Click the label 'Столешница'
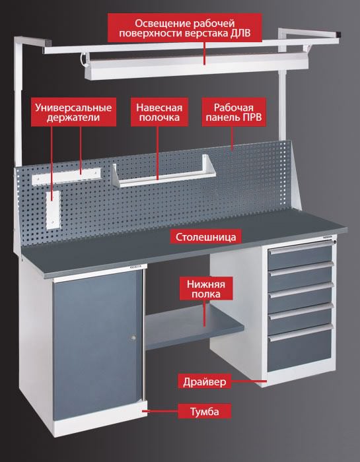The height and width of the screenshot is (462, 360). click(x=205, y=237)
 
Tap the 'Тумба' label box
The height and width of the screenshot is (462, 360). click(x=204, y=411)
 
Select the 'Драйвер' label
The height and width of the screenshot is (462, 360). click(x=204, y=382)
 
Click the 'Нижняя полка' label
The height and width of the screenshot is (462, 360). click(x=206, y=289)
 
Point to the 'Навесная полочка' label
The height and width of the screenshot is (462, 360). click(x=159, y=112)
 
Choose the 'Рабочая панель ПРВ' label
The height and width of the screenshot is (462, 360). click(x=234, y=112)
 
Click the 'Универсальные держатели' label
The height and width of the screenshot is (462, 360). click(x=73, y=112)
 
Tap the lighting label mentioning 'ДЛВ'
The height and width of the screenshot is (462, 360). click(x=184, y=28)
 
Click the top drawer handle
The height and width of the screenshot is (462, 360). click(x=301, y=248)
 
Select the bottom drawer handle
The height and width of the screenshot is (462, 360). click(x=301, y=333)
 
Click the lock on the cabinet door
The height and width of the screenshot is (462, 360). click(x=133, y=338)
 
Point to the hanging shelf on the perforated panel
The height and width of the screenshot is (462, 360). click(x=164, y=174)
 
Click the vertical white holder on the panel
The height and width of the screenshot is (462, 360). click(x=53, y=210)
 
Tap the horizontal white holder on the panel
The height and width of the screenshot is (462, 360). click(x=66, y=176)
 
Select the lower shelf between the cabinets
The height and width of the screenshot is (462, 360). click(x=195, y=327)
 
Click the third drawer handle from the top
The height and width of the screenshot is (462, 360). click(x=301, y=290)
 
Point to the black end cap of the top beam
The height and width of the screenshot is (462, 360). click(x=340, y=34)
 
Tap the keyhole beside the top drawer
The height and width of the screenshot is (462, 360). click(x=335, y=242)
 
